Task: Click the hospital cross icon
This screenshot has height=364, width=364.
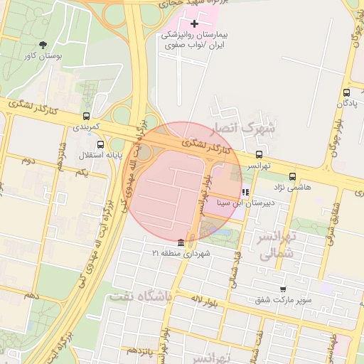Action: pyautogui.click(x=194, y=24)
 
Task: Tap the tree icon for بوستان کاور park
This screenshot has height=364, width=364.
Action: pyautogui.click(x=44, y=44)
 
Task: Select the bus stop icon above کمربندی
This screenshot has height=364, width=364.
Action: pyautogui.click(x=87, y=116)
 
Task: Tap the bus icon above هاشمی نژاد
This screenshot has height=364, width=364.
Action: pyautogui.click(x=292, y=176)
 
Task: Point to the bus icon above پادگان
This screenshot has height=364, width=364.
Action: pyautogui.click(x=346, y=92)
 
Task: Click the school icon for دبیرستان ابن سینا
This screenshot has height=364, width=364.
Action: pyautogui.click(x=245, y=192)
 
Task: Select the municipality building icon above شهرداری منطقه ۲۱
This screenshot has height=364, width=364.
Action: pyautogui.click(x=181, y=242)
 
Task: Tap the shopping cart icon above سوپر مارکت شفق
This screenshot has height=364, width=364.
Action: pyautogui.click(x=283, y=289)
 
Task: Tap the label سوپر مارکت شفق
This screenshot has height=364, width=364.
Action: pyautogui.click(x=284, y=301)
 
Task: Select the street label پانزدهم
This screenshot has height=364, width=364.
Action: pyautogui.click(x=139, y=350)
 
